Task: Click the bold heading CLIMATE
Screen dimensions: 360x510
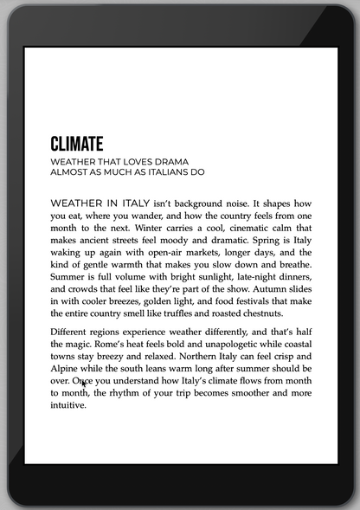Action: pos(77,144)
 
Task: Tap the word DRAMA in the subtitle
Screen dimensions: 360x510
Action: pos(170,162)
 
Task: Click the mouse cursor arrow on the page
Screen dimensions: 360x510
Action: pos(84,384)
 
